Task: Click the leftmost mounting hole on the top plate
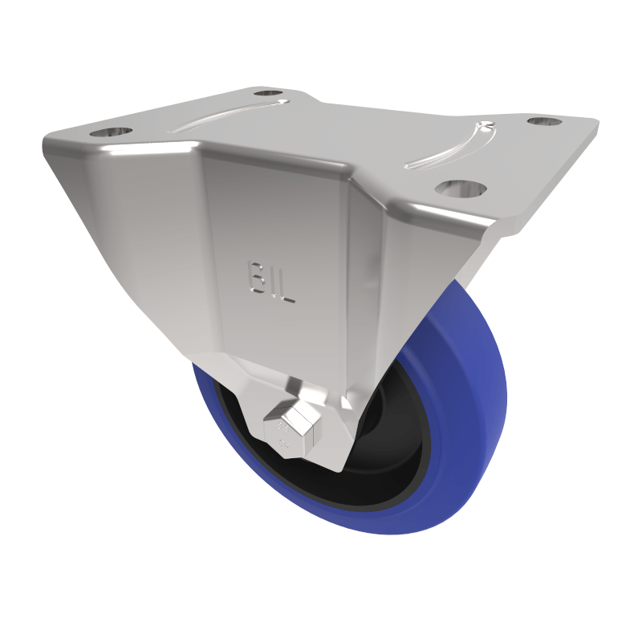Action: click(111, 132)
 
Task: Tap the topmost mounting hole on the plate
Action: click(271, 93)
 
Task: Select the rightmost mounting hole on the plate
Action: click(544, 122)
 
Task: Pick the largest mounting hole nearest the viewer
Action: click(461, 189)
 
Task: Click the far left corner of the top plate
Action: click(47, 144)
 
